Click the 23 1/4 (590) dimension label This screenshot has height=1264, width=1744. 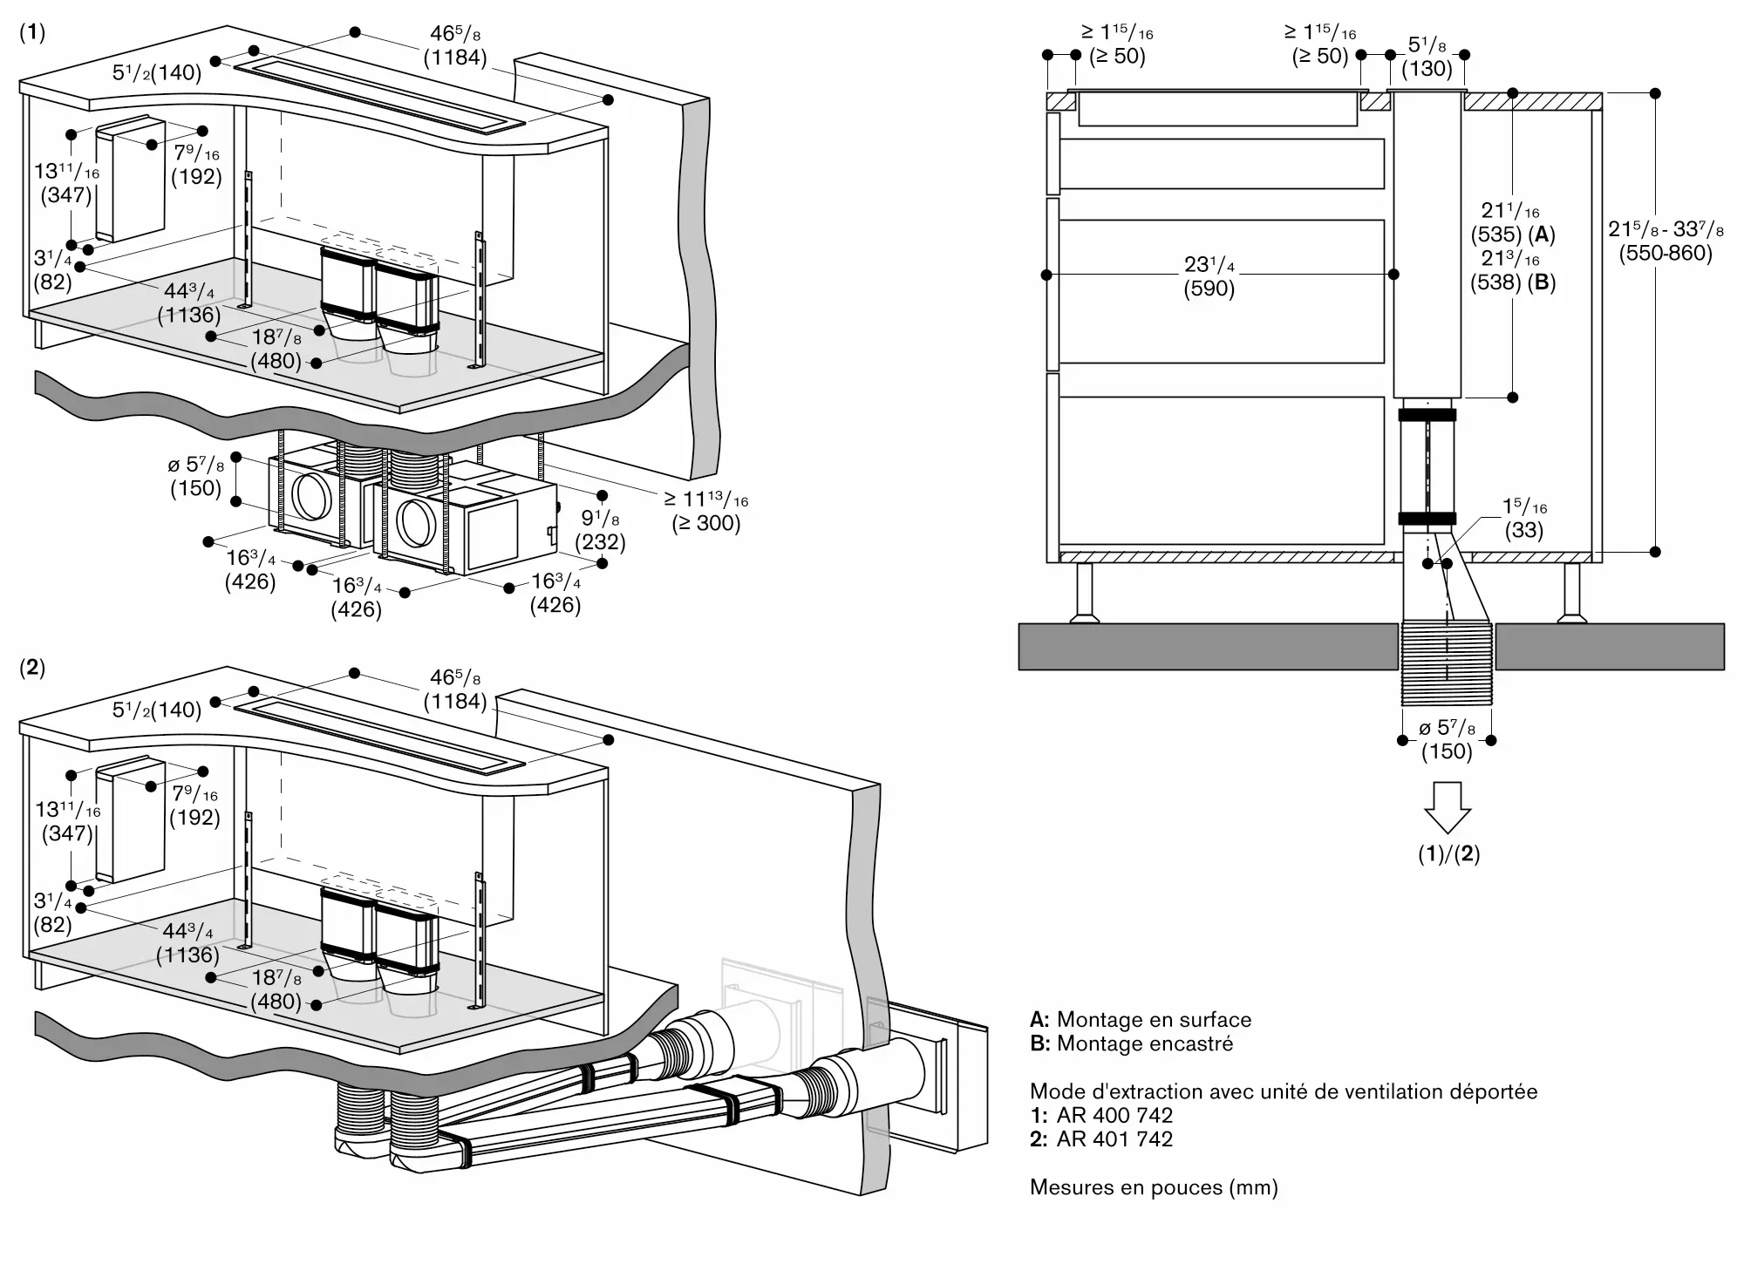point(1209,276)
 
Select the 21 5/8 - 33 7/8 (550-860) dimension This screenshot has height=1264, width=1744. point(1666,241)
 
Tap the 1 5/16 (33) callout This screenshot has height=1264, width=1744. point(1524,518)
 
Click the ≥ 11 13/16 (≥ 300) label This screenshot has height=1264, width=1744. point(705,512)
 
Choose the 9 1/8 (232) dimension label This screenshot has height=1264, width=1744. point(601,530)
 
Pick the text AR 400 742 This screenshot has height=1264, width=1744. point(1114,1115)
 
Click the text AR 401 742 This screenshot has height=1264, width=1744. point(1114,1138)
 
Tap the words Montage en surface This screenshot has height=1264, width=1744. point(1154,1019)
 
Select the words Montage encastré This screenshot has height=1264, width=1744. point(1145,1043)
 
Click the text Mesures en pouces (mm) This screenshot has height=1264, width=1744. point(1154,1186)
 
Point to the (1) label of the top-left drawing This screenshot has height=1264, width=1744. point(31,33)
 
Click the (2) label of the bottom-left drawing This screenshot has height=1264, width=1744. point(31,669)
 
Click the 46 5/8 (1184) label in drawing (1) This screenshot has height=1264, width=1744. point(455,45)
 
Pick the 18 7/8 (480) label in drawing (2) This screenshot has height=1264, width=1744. point(276,989)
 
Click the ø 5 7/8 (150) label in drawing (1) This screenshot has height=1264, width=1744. point(196,476)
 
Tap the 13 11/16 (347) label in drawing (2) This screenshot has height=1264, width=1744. point(67,821)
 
